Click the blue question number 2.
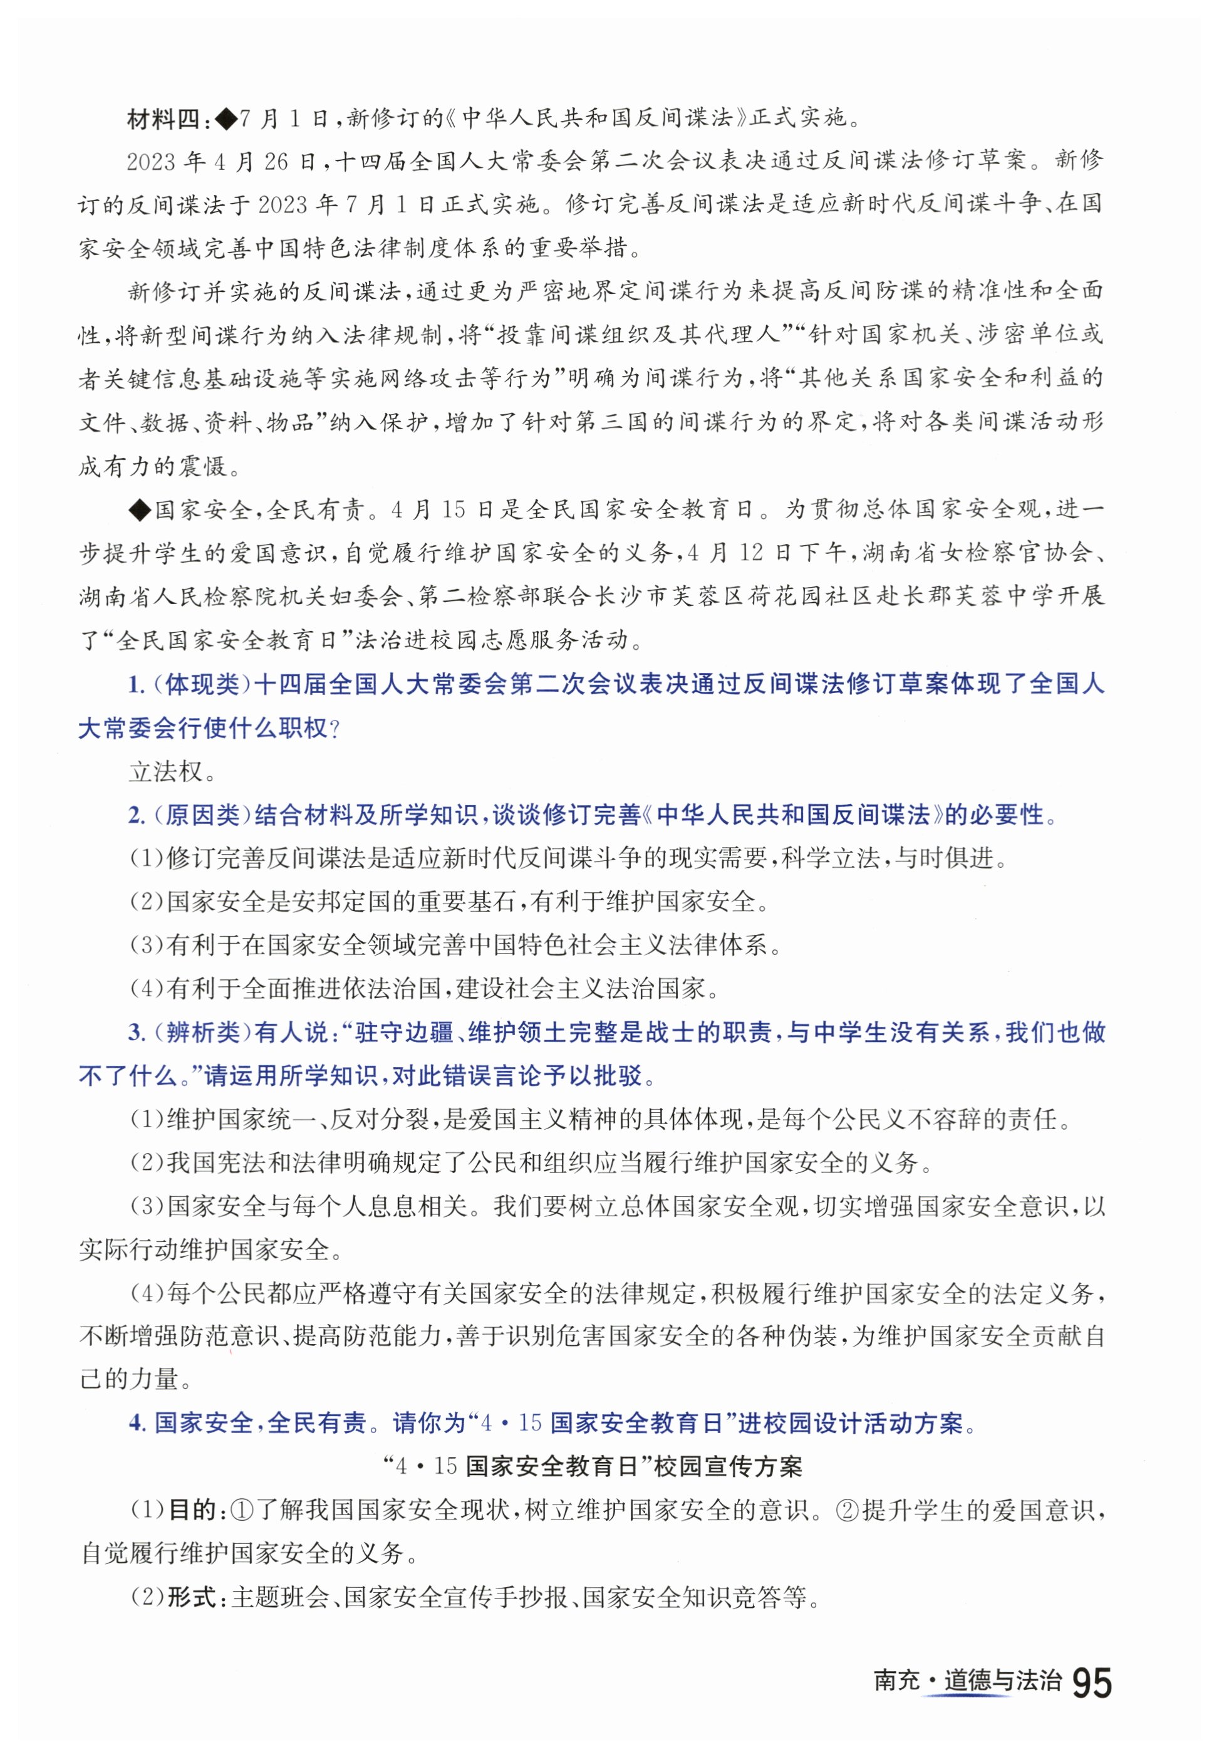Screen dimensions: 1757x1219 coord(136,816)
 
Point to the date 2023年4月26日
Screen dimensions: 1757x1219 coord(222,161)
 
